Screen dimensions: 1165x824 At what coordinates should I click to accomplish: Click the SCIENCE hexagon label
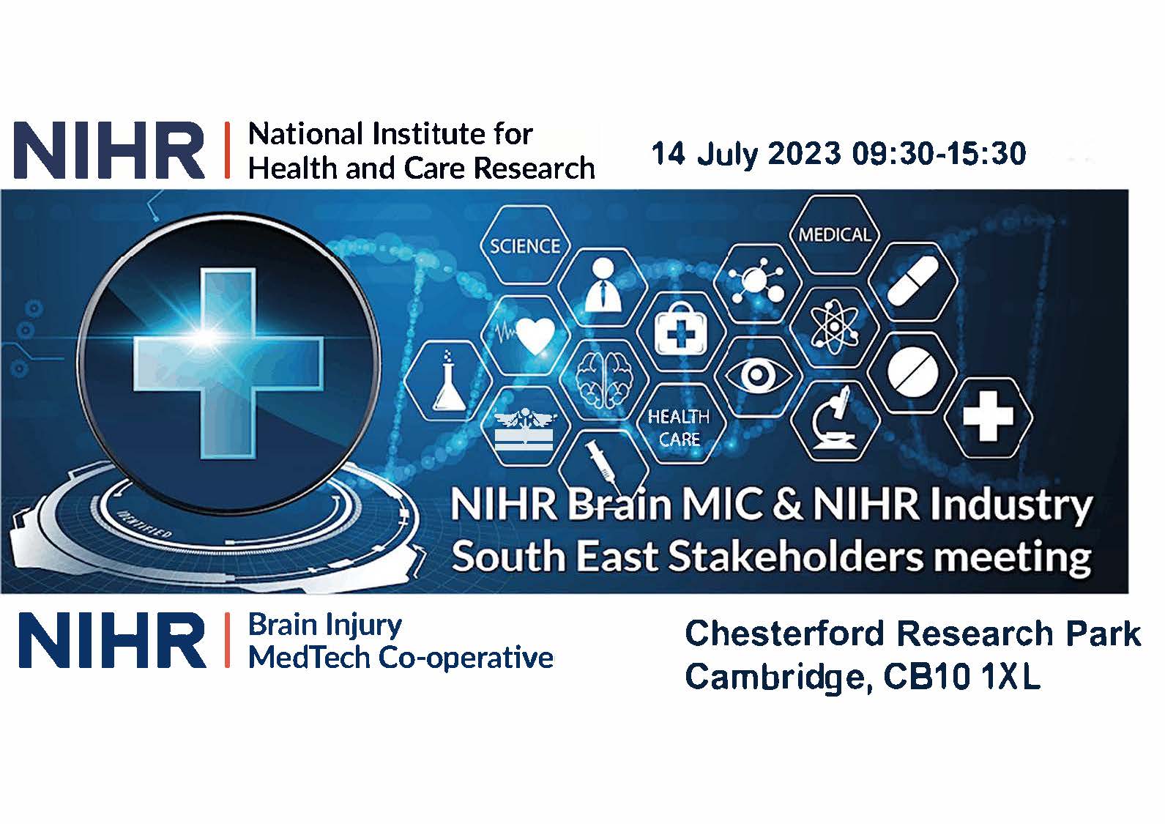point(525,246)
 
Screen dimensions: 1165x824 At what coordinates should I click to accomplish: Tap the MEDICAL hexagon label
point(835,234)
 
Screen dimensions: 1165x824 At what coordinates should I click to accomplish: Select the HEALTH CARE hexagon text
point(679,428)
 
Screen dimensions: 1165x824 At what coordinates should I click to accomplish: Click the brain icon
point(603,379)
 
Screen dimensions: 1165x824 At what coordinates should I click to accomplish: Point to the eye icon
point(756,374)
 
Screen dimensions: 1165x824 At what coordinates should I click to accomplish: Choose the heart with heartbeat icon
point(526,335)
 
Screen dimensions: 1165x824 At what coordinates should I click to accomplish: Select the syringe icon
point(600,461)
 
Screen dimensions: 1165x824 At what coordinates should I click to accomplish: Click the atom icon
point(833,327)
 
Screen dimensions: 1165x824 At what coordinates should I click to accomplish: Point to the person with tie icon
point(603,286)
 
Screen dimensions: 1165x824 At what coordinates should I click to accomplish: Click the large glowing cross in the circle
point(228,363)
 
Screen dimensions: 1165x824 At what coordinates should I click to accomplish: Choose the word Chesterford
point(786,634)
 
